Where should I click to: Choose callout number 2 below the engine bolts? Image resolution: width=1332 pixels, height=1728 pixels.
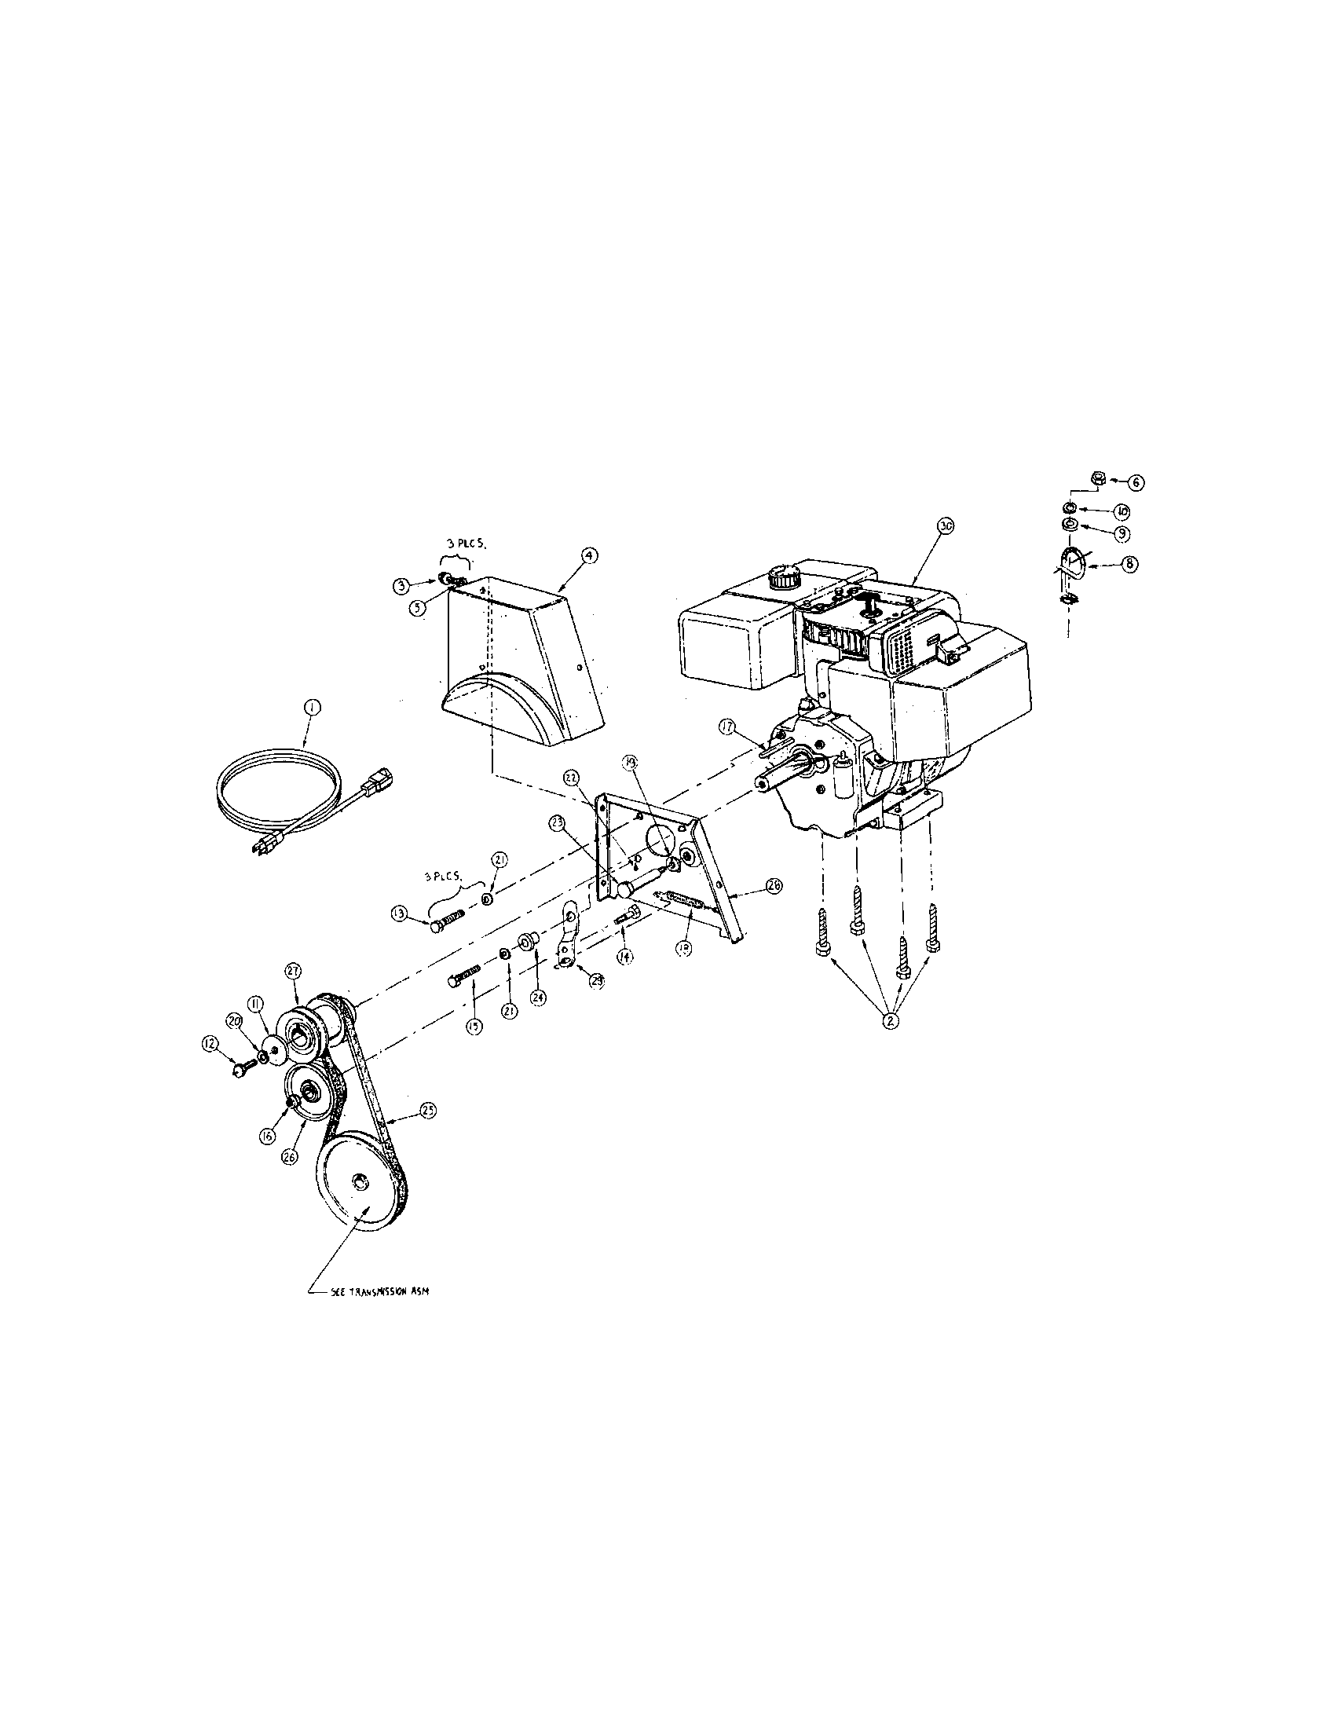(891, 1020)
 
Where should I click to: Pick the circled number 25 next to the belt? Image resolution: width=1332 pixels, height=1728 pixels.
(428, 1111)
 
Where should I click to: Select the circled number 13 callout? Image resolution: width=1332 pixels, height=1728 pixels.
(398, 914)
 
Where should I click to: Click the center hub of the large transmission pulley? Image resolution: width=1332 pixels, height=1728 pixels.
(359, 1205)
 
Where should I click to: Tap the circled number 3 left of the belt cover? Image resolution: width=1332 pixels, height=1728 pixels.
(402, 585)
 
